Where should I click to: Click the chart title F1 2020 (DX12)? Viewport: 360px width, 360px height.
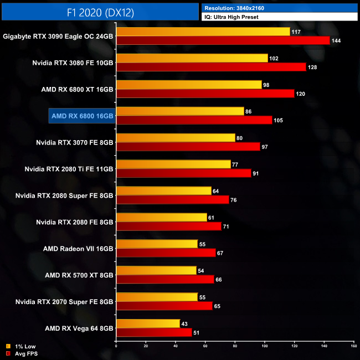(x=100, y=12)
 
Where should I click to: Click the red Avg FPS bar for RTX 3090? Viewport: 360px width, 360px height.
(x=223, y=40)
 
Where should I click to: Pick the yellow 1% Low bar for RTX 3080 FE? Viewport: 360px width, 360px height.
(x=192, y=58)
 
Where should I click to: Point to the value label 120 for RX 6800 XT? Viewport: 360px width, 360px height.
(x=301, y=94)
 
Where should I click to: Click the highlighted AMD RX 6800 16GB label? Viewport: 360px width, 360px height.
(x=82, y=116)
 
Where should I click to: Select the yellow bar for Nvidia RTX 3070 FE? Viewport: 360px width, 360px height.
(x=176, y=138)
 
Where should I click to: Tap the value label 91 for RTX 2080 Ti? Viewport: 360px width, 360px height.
(x=258, y=173)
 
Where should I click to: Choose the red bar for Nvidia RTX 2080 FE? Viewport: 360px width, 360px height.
(x=168, y=227)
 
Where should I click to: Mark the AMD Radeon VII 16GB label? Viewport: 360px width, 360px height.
(x=78, y=248)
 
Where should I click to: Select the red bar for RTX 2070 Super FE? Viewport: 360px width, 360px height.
(x=164, y=306)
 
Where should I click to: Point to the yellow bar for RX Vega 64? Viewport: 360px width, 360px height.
(x=148, y=323)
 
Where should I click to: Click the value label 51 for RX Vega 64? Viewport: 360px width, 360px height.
(x=198, y=333)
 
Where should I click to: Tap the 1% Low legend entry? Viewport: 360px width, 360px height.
(x=20, y=347)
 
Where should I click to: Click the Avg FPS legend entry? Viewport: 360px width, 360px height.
(x=20, y=353)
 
